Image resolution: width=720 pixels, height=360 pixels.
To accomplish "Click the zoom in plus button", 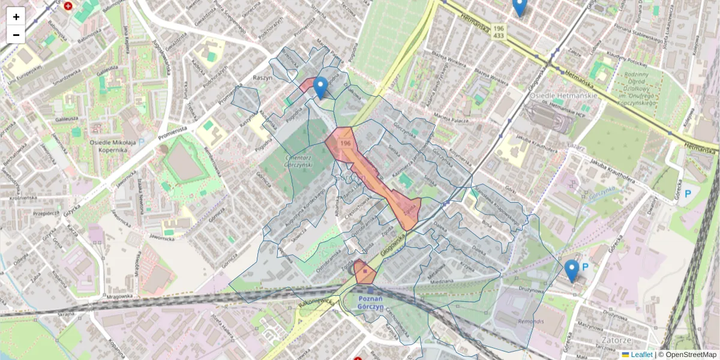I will (x=16, y=17).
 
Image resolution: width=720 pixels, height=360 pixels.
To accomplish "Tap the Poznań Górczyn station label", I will (x=370, y=302).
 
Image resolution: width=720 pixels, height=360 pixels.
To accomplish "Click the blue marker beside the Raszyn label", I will (x=321, y=88).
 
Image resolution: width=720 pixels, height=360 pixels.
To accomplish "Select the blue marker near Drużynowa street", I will (x=572, y=271).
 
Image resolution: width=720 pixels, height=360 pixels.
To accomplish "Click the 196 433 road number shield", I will (x=499, y=32).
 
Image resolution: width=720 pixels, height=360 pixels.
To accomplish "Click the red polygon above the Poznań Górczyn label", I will (x=364, y=272).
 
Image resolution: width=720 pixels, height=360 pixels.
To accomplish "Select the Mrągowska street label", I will (x=118, y=296).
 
